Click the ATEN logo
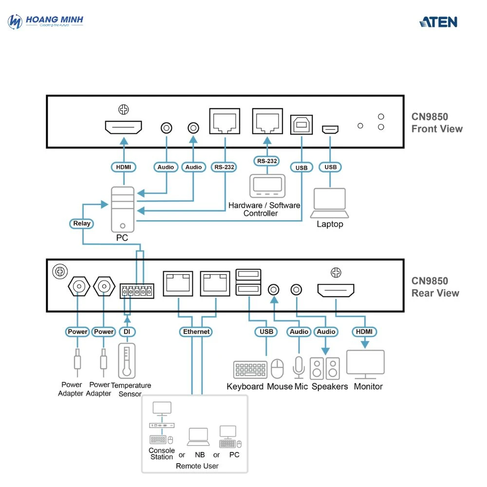(438, 22)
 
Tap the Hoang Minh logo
(46, 21)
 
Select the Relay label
(82, 224)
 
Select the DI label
(127, 332)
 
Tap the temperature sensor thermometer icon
(127, 361)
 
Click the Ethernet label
(196, 332)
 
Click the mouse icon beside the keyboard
(277, 369)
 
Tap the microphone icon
(299, 368)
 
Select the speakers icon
(325, 369)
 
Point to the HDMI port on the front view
(123, 128)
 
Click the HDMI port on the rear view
(336, 291)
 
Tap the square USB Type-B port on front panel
(301, 125)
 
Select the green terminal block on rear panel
(137, 291)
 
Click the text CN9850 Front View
(436, 123)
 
